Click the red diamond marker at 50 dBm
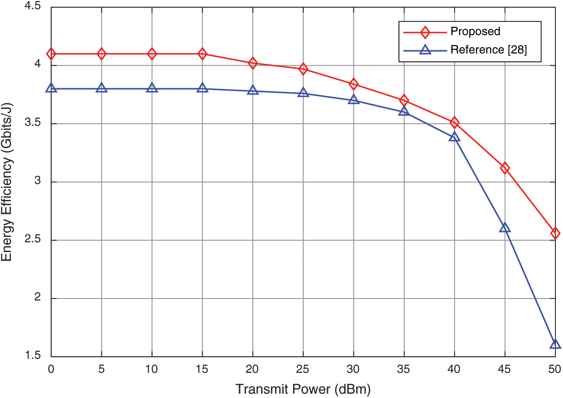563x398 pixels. tap(555, 233)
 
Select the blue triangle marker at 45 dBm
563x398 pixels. tap(505, 228)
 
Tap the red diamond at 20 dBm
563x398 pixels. tap(253, 63)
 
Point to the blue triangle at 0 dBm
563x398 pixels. tap(51, 88)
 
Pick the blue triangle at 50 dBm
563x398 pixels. tap(555, 344)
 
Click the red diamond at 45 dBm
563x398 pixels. tap(505, 168)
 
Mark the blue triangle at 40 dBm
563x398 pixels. tap(454, 137)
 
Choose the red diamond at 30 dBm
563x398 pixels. tap(354, 84)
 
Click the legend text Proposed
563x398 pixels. tap(475, 31)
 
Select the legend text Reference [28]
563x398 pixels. tap(488, 50)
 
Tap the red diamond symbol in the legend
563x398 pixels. tap(425, 32)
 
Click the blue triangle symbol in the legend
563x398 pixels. tap(425, 50)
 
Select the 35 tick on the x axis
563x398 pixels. tap(404, 369)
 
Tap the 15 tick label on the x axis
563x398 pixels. tap(203, 369)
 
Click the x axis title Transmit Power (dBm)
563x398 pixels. tap(303, 389)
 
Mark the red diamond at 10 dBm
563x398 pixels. tap(152, 54)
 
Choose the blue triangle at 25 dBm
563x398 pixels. tap(303, 93)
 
